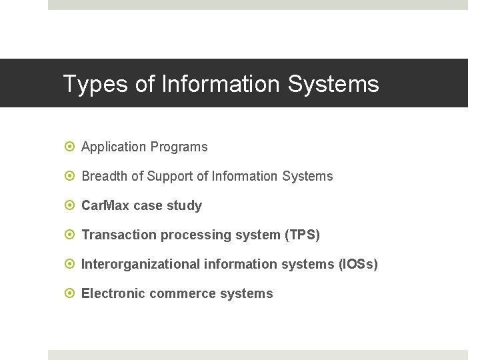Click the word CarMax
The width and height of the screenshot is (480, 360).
point(105,205)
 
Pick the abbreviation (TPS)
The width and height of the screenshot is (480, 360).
point(302,235)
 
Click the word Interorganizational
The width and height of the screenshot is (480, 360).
point(140,264)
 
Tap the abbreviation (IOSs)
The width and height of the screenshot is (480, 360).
point(358,264)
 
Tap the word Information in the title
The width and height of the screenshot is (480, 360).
point(222,85)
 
